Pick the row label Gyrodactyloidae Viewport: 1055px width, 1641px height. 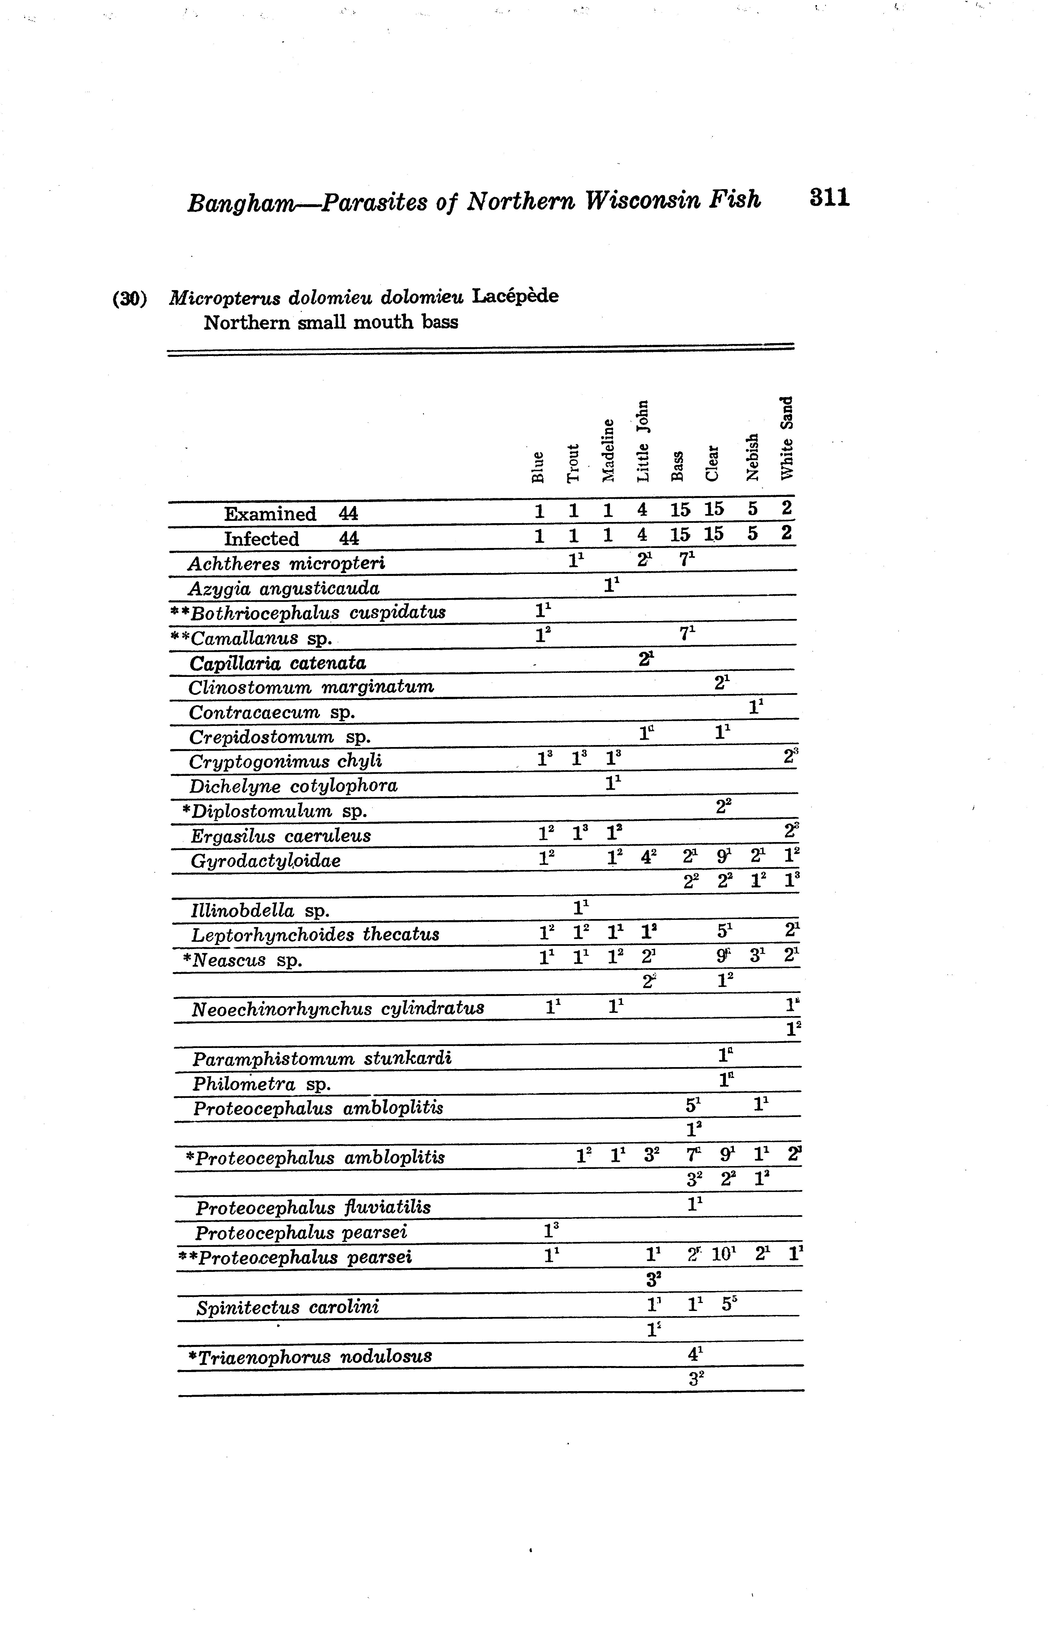(x=265, y=861)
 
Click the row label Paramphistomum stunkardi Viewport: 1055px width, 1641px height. (x=322, y=1059)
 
